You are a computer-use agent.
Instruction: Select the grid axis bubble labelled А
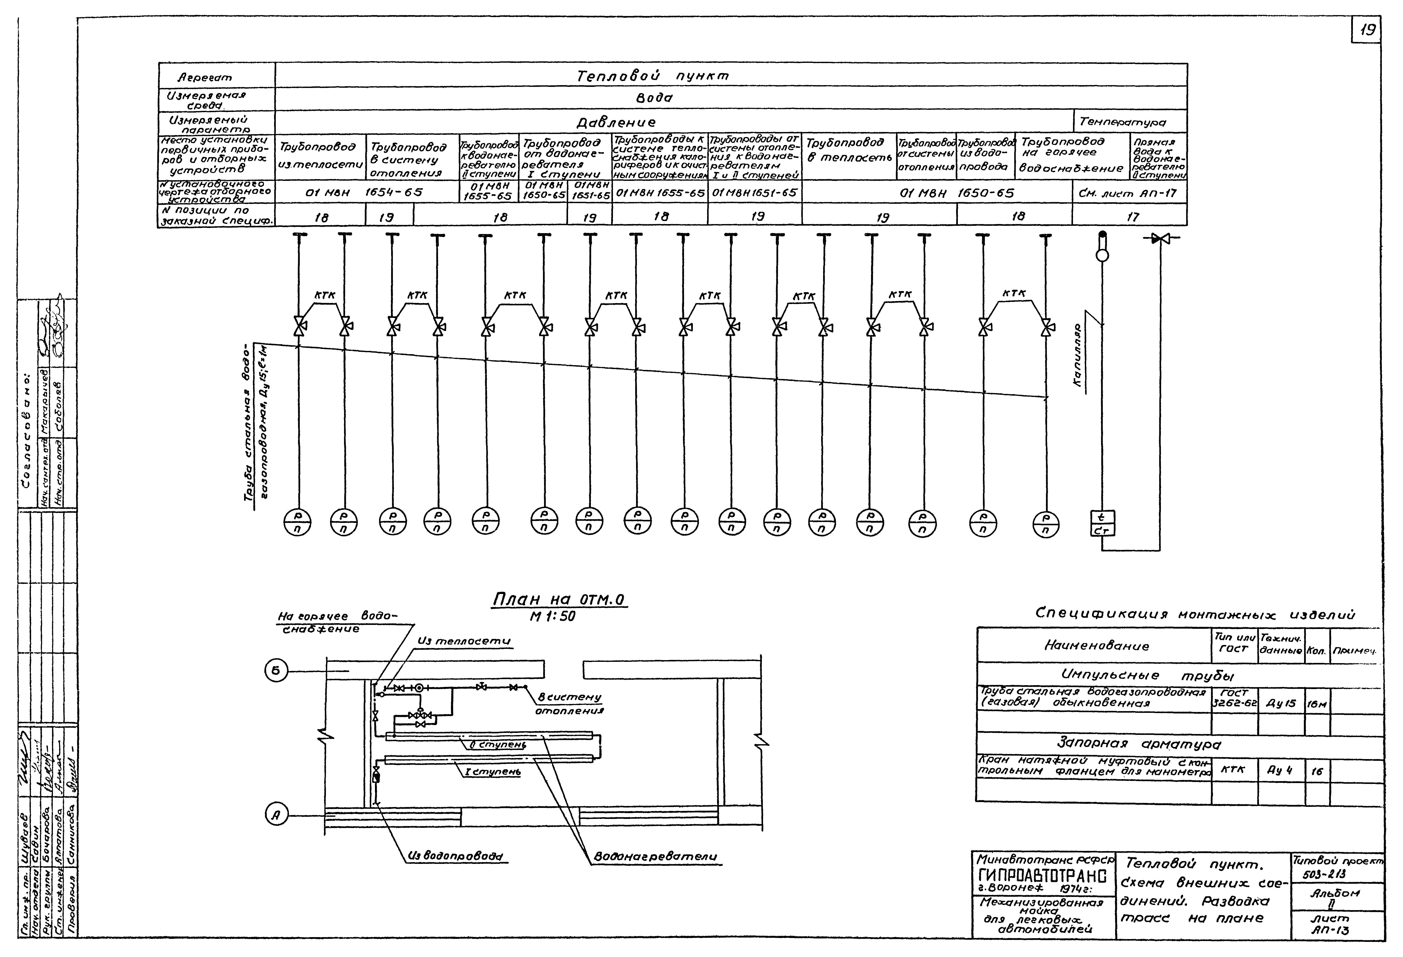click(x=276, y=816)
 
